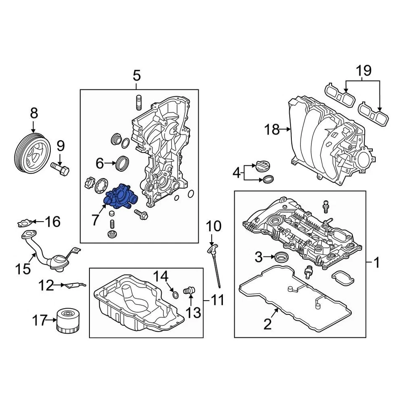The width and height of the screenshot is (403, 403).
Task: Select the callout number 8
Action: [34, 113]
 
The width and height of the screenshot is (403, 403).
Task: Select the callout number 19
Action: [364, 71]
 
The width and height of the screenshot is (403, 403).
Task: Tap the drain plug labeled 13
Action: [189, 290]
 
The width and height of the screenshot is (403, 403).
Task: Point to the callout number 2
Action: [268, 324]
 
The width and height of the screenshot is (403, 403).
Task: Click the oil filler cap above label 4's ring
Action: [262, 166]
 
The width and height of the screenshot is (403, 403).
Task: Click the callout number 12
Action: [47, 286]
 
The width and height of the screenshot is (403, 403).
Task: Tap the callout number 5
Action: [137, 76]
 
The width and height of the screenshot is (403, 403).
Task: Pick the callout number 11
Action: [217, 300]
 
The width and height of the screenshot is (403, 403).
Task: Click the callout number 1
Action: [377, 263]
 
